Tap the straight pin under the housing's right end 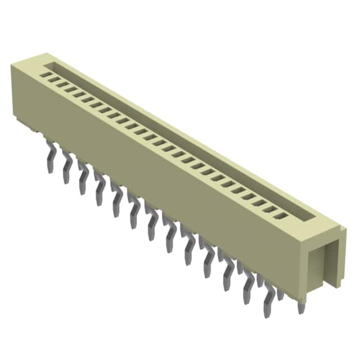(301, 304)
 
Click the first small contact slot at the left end (48, 74)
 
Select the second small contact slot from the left (56, 79)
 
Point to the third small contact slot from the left (65, 83)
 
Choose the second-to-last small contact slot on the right (273, 208)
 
